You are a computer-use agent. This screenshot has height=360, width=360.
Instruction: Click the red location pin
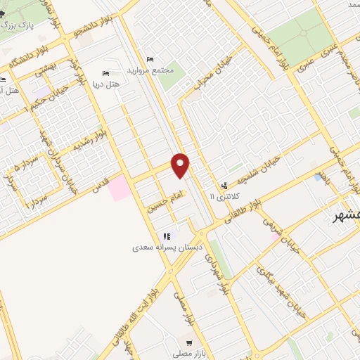click(x=181, y=165)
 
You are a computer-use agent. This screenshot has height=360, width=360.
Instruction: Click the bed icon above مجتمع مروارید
click(x=148, y=58)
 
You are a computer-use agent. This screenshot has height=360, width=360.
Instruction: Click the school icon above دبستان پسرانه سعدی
click(x=167, y=237)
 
